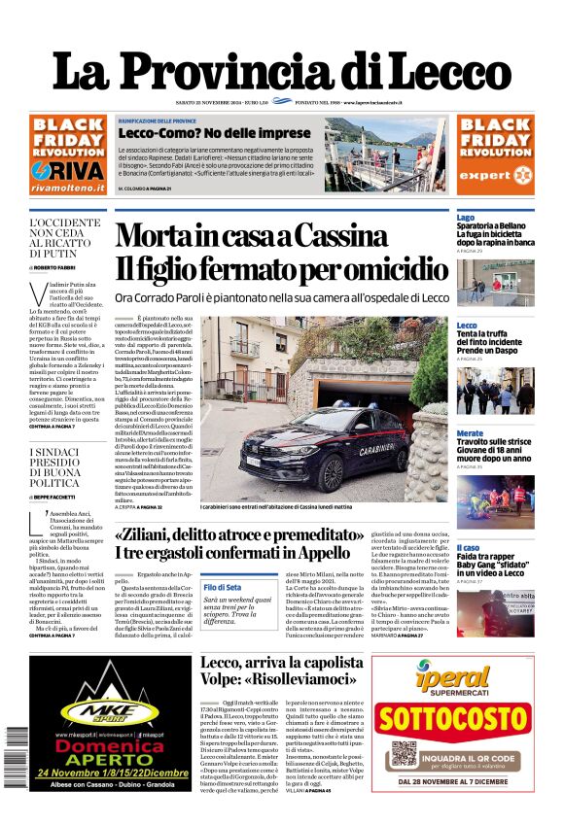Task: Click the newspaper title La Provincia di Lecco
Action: click(x=281, y=72)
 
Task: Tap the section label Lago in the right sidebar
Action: click(x=466, y=218)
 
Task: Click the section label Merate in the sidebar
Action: click(x=470, y=433)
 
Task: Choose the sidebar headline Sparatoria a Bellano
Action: click(x=496, y=226)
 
